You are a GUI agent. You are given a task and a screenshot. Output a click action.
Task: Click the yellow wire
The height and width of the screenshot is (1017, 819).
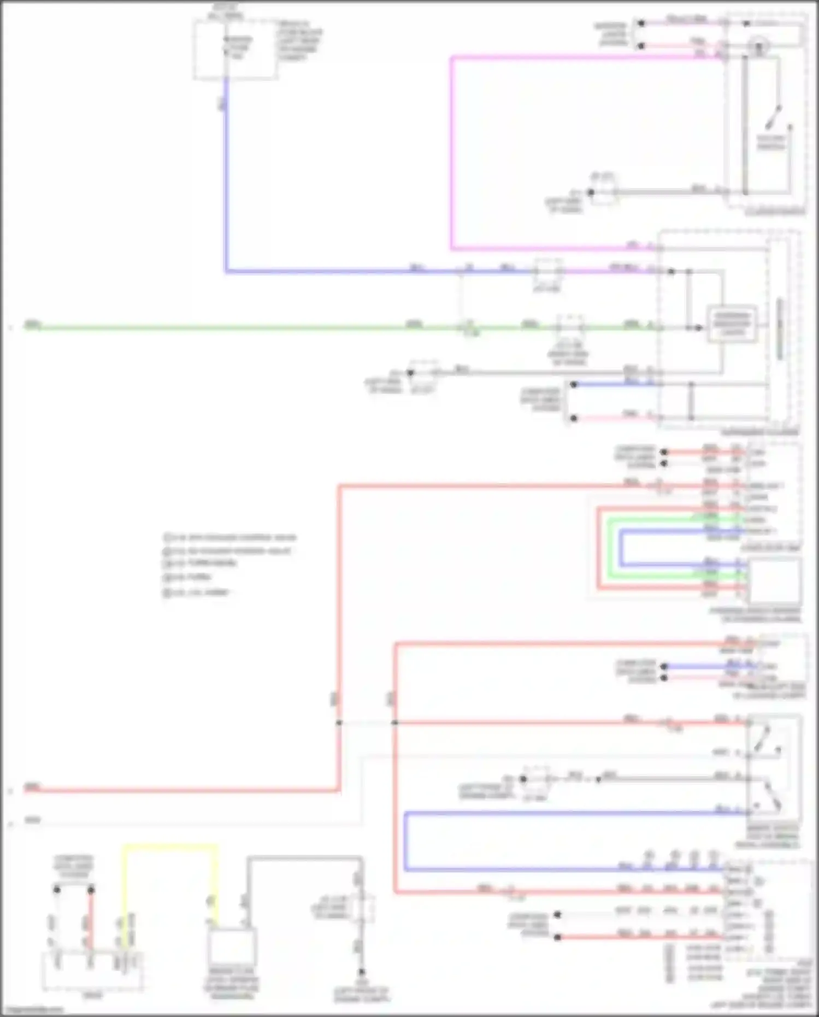click(x=169, y=846)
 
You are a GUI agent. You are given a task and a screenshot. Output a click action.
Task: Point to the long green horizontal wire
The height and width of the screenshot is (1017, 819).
click(x=219, y=328)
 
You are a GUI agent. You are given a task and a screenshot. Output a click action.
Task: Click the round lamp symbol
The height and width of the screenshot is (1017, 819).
click(x=758, y=47)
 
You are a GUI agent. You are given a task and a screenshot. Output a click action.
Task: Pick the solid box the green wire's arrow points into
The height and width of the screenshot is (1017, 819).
click(x=732, y=324)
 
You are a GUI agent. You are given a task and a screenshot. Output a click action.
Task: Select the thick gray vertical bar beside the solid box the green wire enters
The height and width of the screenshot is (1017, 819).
click(x=780, y=328)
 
